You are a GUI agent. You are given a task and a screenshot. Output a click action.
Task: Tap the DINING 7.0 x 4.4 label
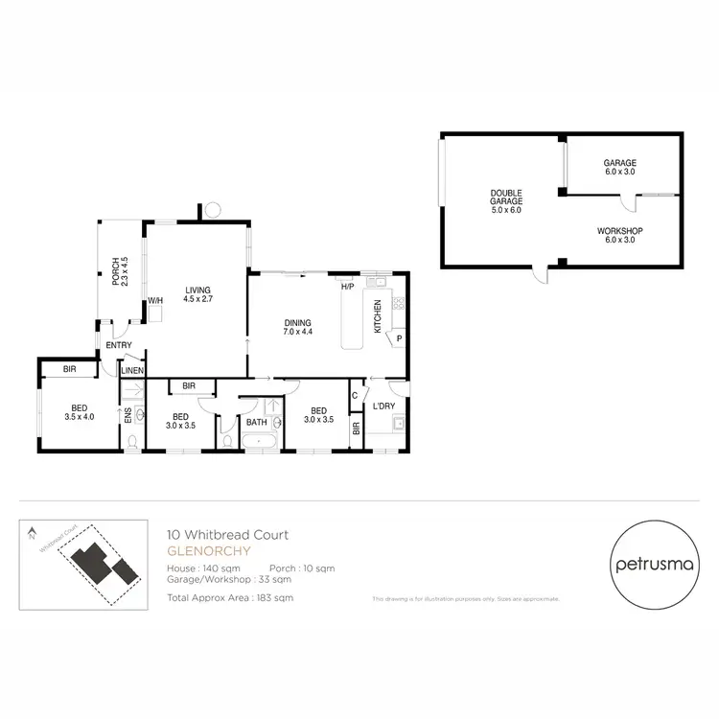coord(298,326)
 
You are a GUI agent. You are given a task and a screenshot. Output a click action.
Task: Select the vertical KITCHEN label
coord(377,316)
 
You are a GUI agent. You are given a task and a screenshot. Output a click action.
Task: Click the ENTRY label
coord(119,345)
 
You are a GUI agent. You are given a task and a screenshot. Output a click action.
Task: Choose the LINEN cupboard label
coord(131,370)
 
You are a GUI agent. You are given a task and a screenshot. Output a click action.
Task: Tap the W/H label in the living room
coord(153,301)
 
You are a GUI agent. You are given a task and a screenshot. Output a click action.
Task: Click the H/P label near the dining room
coord(347,286)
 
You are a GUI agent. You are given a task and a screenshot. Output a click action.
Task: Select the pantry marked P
coord(398,337)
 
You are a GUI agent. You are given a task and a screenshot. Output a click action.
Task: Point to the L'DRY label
coord(384,406)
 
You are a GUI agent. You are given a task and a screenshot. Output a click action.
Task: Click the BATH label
coord(256,422)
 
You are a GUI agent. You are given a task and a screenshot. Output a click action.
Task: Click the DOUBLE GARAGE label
coord(507,202)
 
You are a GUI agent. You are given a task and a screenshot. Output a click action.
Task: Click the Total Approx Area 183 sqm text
coord(230,596)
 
